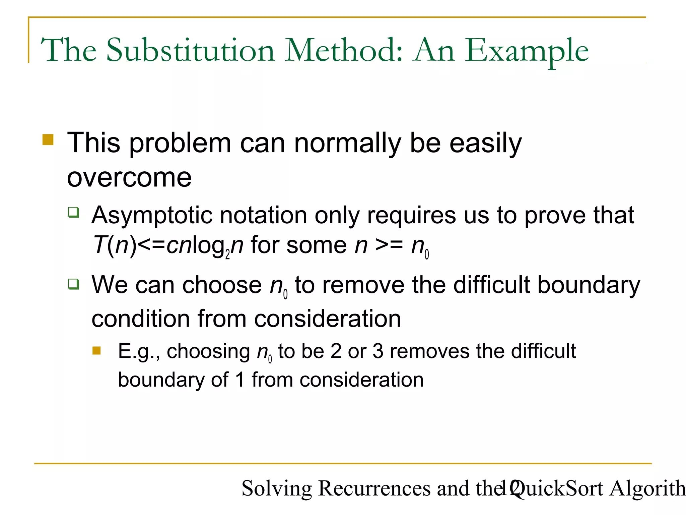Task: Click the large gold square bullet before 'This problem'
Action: (48, 139)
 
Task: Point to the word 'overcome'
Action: (129, 177)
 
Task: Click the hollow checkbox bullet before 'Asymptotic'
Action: (73, 212)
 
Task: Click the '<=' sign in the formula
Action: (151, 245)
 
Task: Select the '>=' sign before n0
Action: (389, 245)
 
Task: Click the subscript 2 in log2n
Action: (228, 255)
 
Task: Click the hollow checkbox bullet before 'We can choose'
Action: (73, 284)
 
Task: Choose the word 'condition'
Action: (141, 319)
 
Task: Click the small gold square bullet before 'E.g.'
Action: (96, 351)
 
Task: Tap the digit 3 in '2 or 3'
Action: (378, 351)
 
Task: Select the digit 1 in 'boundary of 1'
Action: (240, 380)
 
